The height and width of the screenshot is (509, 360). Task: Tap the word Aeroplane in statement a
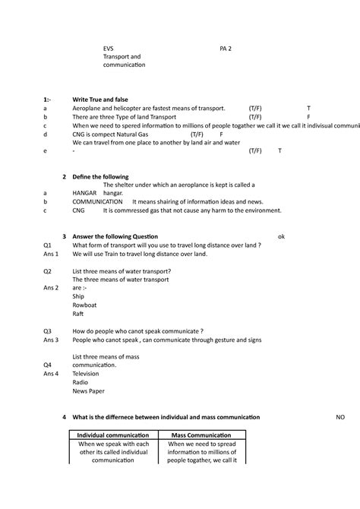coord(89,109)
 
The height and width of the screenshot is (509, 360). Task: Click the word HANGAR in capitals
coord(84,193)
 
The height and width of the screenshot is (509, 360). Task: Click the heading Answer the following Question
coord(115,236)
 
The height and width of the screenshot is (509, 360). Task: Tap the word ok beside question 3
coord(281,236)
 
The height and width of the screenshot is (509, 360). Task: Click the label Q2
coord(47,270)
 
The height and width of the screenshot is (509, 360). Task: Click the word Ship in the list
coord(78,296)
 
